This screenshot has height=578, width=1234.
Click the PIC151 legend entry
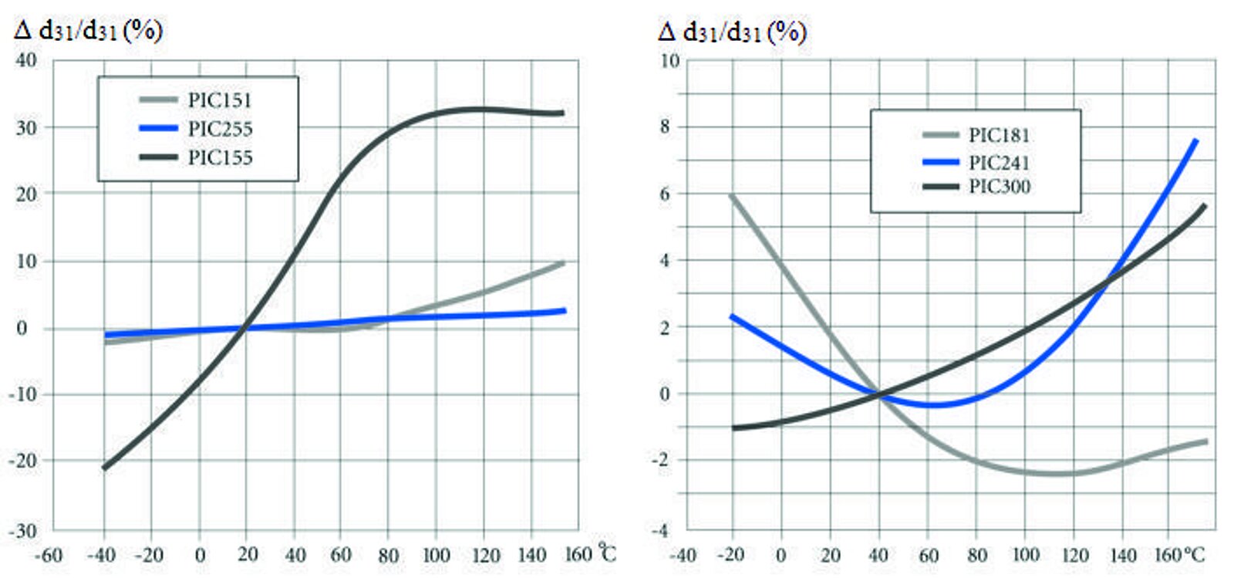tap(219, 100)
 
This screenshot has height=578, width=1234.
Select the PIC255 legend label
tap(220, 129)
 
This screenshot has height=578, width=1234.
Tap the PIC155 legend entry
tap(220, 157)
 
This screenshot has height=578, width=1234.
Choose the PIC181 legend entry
tap(999, 135)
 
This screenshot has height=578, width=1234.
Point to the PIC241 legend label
tap(999, 162)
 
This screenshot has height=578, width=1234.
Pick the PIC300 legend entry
tap(999, 186)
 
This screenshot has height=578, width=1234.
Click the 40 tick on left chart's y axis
tap(26, 60)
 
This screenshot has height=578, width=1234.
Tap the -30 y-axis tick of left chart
tap(23, 531)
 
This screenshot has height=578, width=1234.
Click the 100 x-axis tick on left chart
tap(436, 555)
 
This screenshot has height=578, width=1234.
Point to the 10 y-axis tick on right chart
tap(669, 60)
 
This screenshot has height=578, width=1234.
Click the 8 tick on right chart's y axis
tap(665, 127)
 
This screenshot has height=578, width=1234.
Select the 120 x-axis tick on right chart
tap(1074, 555)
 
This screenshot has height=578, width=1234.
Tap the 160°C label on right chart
tap(1179, 555)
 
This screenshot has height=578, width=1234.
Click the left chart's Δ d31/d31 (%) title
tap(89, 31)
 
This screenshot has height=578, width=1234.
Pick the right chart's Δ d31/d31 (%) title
tap(732, 32)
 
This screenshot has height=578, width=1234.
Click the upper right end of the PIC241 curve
tap(1195, 140)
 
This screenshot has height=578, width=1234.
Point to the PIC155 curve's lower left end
tap(104, 468)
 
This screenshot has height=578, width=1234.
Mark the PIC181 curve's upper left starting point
tap(731, 196)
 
